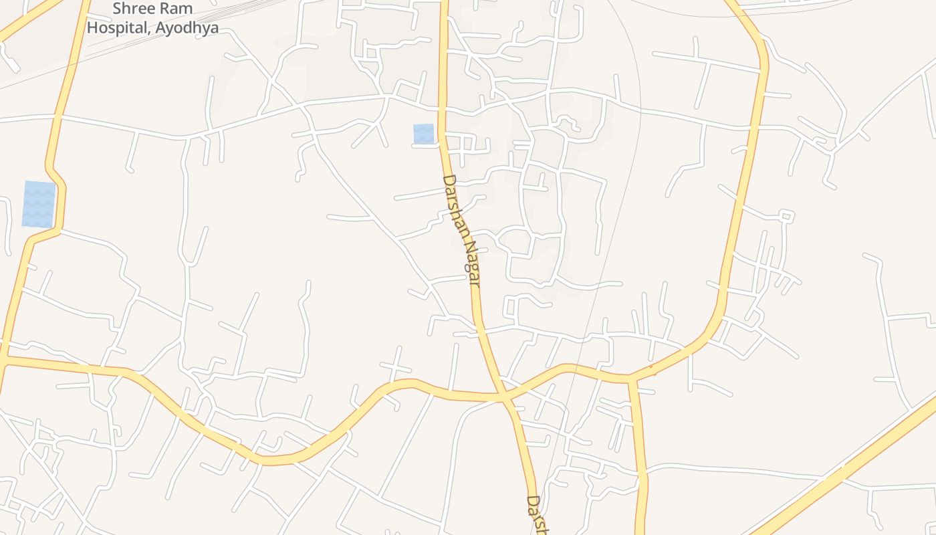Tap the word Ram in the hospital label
pyautogui.click(x=179, y=9)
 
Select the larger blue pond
pyautogui.click(x=39, y=204)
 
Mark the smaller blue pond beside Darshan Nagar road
pyautogui.click(x=423, y=134)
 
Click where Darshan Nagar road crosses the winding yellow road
pyautogui.click(x=503, y=397)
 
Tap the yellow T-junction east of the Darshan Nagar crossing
pyautogui.click(x=632, y=379)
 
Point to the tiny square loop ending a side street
pyautogui.click(x=787, y=216)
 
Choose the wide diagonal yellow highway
pyautogui.click(x=849, y=468)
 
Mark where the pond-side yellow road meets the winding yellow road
pyautogui.click(x=3, y=360)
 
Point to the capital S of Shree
pyautogui.click(x=117, y=9)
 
